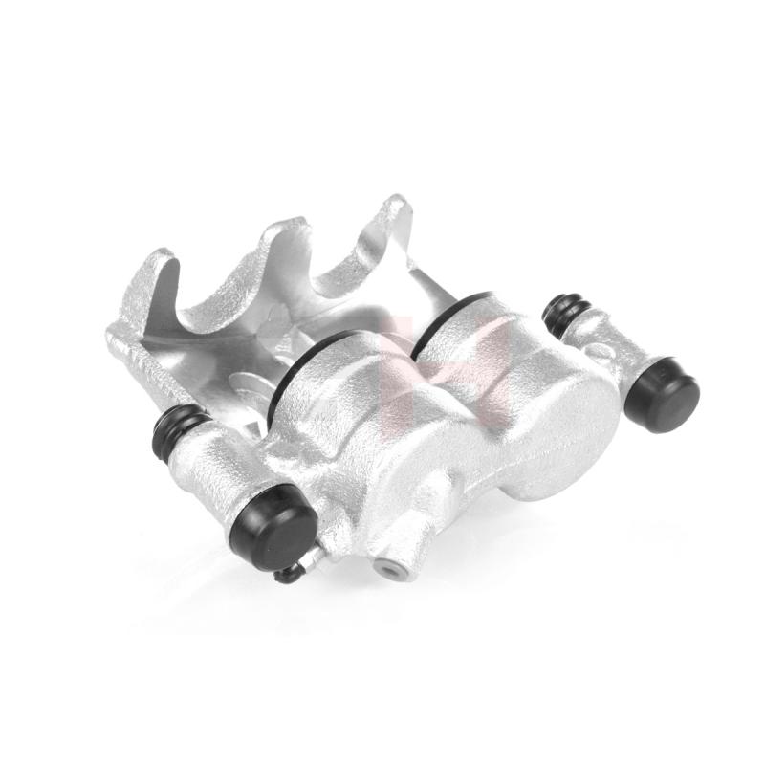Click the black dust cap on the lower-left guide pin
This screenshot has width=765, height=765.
275,526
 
